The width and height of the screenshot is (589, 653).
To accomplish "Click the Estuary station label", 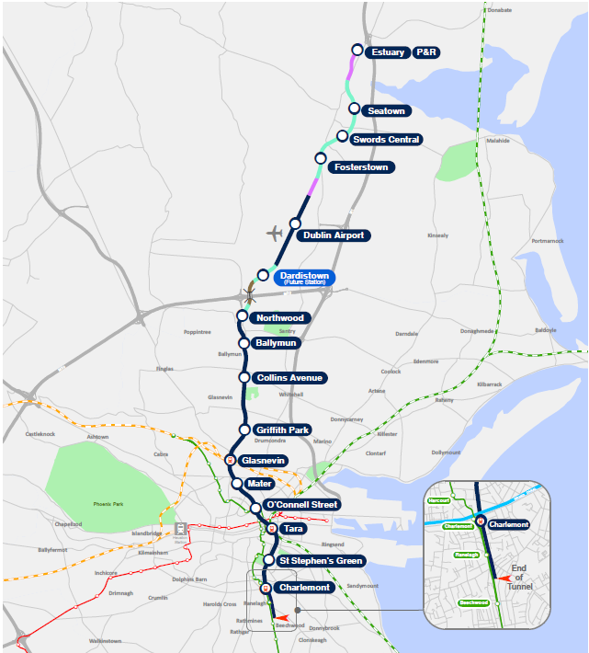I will [387, 52].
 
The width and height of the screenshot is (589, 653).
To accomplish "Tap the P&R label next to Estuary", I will [426, 52].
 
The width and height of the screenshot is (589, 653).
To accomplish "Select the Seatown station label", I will [386, 111].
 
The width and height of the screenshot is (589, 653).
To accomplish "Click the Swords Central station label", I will [387, 140].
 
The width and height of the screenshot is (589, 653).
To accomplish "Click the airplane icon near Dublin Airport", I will [274, 232].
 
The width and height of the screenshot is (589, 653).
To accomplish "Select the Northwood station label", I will [280, 318].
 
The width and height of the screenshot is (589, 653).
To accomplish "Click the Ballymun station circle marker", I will [244, 343].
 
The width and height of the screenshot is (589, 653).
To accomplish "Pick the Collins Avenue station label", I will [291, 378].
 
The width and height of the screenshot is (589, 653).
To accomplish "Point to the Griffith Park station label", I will [283, 430].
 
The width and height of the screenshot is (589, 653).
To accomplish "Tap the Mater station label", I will [259, 484].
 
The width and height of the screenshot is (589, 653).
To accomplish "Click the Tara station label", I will [293, 530].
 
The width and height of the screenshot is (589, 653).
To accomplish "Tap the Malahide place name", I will [497, 141].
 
